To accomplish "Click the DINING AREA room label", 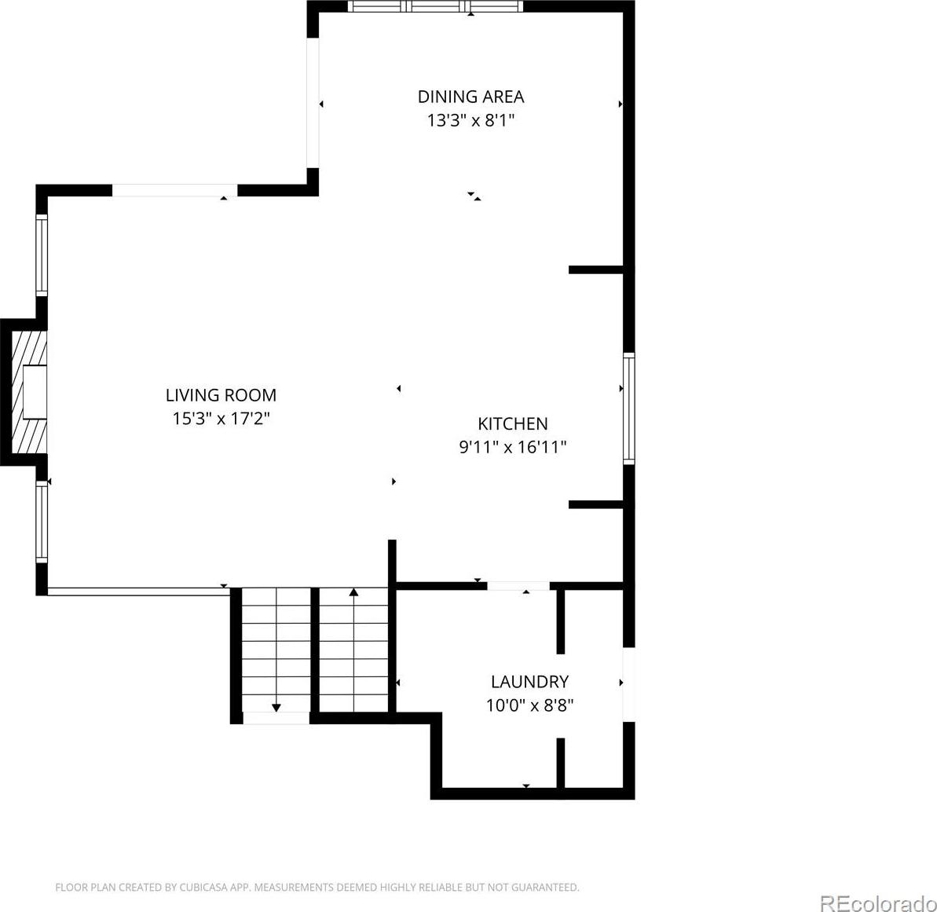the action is pos(470,96).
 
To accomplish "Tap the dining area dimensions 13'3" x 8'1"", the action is pos(470,120).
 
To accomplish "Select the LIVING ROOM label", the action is pos(221,395).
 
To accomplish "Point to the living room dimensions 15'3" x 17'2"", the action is pos(221,419).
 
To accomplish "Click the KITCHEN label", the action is pos(513,423).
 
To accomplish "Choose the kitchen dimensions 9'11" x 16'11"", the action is pos(513,447).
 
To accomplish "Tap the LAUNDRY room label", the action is pos(529,682).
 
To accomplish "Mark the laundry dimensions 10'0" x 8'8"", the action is pos(529,705).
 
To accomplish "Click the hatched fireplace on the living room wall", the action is pos(29,392).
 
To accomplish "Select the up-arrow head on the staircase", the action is pos(353,592).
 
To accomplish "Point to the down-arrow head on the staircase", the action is pos(276,708).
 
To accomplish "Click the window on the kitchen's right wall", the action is pos(628,408).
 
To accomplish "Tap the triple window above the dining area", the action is pos(435,6).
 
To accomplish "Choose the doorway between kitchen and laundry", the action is pos(518,586).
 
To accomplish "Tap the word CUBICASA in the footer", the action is pos(203,888).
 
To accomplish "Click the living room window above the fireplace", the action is pos(41,255).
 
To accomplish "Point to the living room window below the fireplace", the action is pos(41,522).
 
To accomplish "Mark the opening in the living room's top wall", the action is pos(175,191).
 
